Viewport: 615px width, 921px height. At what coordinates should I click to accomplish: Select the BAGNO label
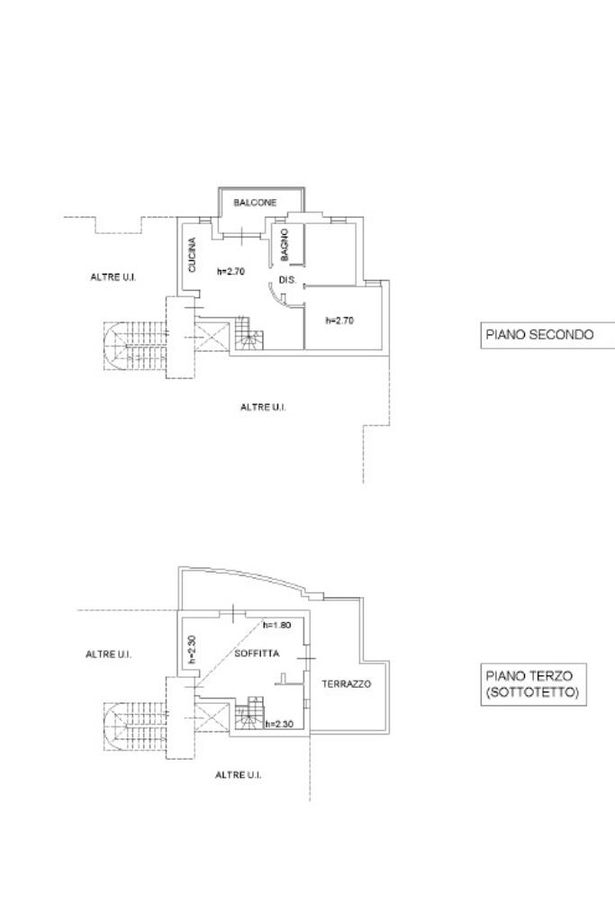pos(285,245)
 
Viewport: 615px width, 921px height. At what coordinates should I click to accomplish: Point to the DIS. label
pos(288,281)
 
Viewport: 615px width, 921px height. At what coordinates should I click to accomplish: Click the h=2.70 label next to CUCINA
pos(232,270)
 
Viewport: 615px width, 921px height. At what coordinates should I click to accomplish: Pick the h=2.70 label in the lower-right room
pos(339,320)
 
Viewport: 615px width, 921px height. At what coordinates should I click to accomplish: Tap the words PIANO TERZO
pos(523,675)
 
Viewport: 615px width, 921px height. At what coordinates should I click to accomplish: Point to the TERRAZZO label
pos(346,684)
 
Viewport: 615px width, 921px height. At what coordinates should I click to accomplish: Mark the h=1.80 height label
pos(276,625)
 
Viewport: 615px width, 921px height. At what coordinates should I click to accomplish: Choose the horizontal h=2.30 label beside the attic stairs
pos(280,723)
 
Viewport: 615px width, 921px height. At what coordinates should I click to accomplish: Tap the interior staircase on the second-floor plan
pos(249,339)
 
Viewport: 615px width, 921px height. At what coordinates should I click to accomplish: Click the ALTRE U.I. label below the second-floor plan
pos(263,407)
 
